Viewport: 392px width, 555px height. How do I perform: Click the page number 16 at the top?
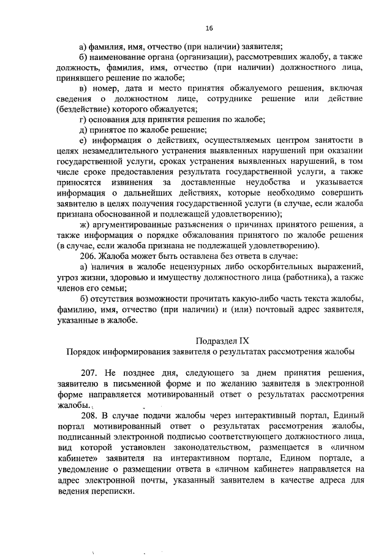(209, 28)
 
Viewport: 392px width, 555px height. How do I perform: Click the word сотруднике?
(223, 98)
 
